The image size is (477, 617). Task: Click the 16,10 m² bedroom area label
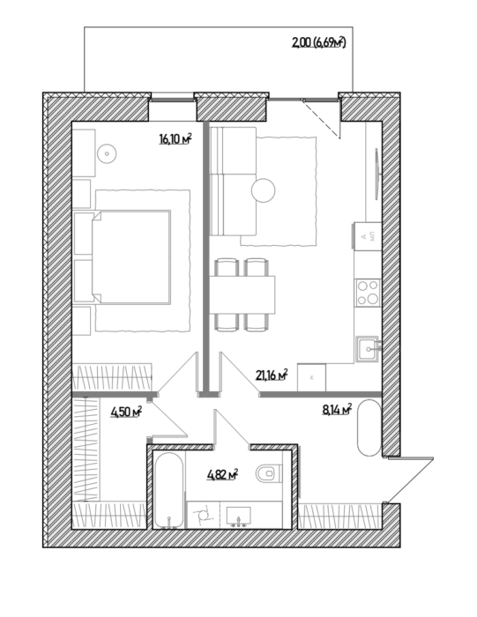(175, 138)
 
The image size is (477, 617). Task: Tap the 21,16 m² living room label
(272, 375)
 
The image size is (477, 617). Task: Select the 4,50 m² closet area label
(126, 412)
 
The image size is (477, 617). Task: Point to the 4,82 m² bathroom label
(223, 474)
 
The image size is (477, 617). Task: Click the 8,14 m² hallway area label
(337, 410)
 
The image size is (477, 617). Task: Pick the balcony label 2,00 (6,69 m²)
(318, 41)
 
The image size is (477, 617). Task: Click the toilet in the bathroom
(269, 473)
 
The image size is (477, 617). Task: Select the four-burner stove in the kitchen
(368, 293)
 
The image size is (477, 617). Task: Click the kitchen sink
(368, 349)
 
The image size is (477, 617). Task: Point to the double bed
(130, 257)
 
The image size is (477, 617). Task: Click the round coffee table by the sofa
(263, 190)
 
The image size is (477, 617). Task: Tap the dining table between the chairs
(242, 294)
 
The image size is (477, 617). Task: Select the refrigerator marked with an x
(311, 378)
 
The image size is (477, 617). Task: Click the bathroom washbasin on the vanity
(238, 517)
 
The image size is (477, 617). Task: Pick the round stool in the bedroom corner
(107, 153)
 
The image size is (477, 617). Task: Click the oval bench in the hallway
(369, 428)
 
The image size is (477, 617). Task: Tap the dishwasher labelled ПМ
(368, 236)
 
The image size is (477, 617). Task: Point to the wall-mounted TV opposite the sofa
(377, 173)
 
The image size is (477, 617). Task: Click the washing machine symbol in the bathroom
(203, 515)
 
